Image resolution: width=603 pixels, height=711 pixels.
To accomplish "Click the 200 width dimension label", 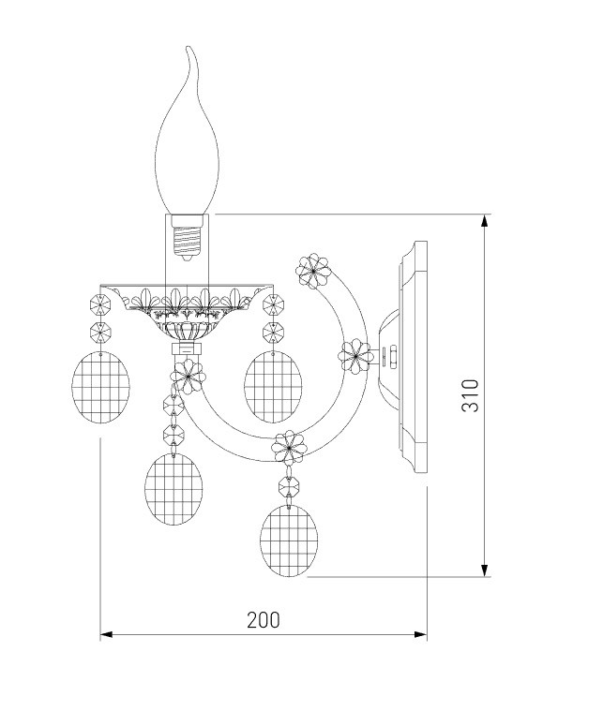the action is pyautogui.click(x=264, y=620).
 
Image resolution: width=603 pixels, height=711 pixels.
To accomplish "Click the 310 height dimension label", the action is pyautogui.click(x=470, y=395).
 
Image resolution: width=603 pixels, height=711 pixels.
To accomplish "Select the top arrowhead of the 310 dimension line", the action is pyautogui.click(x=485, y=221).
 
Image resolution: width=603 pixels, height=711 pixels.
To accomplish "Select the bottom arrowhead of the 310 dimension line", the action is pyautogui.click(x=485, y=570).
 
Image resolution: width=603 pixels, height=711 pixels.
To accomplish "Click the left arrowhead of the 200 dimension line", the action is pyautogui.click(x=107, y=634).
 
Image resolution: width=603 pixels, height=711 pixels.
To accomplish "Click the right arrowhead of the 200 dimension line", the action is pyautogui.click(x=420, y=634).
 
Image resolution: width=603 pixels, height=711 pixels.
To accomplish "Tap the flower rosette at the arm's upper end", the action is pyautogui.click(x=313, y=271).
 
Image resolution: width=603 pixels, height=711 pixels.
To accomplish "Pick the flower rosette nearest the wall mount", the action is pyautogui.click(x=356, y=357).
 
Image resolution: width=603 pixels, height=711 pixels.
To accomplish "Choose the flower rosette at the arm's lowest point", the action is pyautogui.click(x=289, y=447).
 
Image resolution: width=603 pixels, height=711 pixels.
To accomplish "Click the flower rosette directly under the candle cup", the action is pyautogui.click(x=188, y=377).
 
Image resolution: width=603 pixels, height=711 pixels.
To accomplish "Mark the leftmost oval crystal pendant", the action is pyautogui.click(x=100, y=388).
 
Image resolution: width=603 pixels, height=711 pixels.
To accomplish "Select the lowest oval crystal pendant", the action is pyautogui.click(x=289, y=541).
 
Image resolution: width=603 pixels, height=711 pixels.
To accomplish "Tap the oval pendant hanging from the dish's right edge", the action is pyautogui.click(x=273, y=387).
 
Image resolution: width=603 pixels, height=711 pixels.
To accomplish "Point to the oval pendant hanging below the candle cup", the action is pyautogui.click(x=173, y=489).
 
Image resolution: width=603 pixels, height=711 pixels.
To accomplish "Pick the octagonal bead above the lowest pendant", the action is pyautogui.click(x=289, y=486).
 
